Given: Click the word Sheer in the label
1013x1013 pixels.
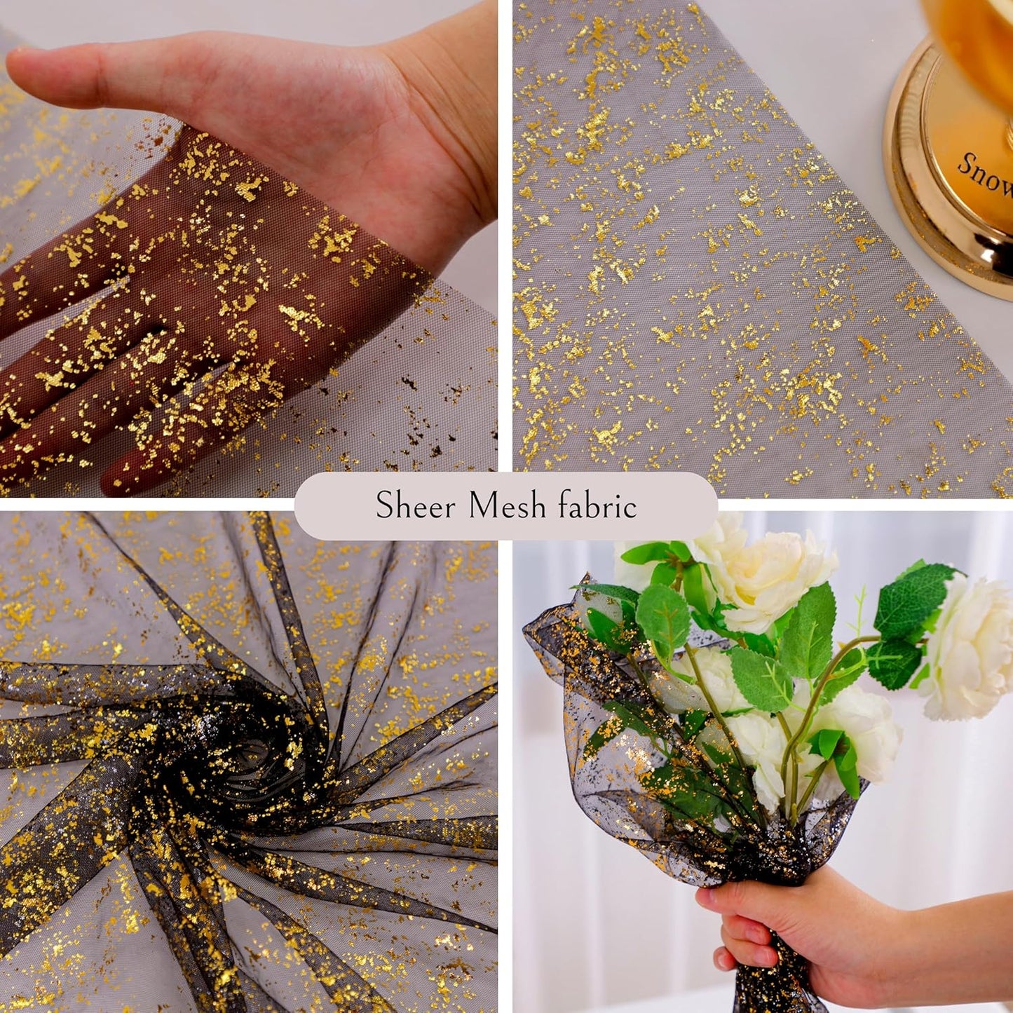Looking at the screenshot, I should click(x=416, y=505).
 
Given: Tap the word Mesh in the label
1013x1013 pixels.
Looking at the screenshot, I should click(x=507, y=505).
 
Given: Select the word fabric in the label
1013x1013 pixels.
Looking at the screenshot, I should click(x=597, y=505).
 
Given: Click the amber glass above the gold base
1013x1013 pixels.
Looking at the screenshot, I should click(x=974, y=42).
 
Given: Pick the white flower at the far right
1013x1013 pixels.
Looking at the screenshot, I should click(x=971, y=648).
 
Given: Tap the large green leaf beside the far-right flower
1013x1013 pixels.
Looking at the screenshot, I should click(x=911, y=599).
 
